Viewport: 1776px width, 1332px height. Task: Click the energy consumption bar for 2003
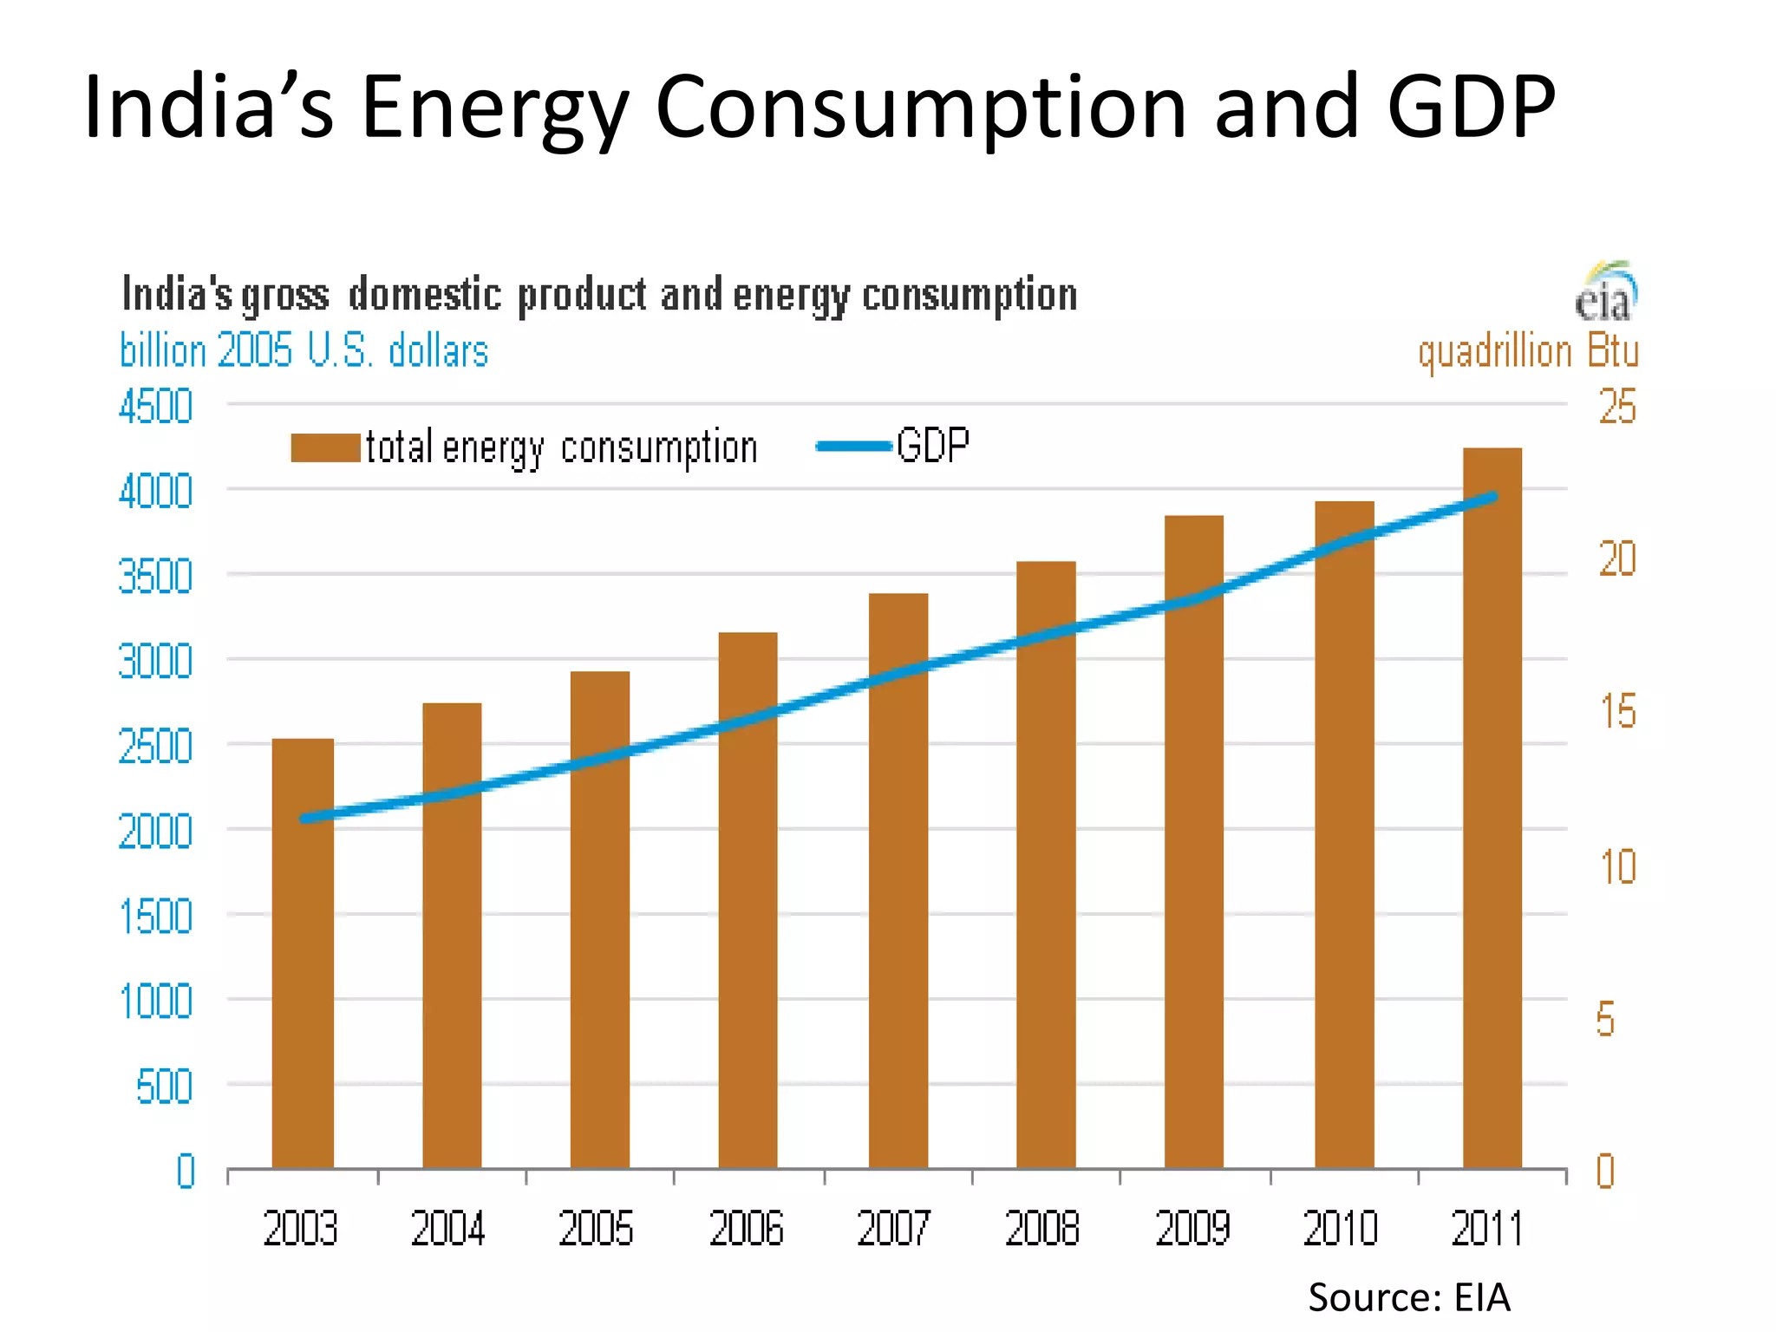coord(303,954)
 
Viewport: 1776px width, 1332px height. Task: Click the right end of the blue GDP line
coord(1493,497)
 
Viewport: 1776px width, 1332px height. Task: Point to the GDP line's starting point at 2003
coord(304,818)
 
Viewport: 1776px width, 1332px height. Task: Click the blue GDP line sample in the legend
coord(854,447)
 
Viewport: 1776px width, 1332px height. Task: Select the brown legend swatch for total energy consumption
coord(325,447)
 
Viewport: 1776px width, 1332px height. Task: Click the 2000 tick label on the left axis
coord(156,832)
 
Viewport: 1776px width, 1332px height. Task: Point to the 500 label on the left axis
coord(165,1087)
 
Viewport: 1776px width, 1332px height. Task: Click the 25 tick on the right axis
coord(1617,407)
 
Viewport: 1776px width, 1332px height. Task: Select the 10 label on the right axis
coord(1617,867)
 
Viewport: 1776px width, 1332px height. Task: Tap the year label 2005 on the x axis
coord(597,1229)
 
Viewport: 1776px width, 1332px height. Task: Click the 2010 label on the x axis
coord(1341,1229)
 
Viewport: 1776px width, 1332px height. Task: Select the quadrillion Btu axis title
coord(1528,351)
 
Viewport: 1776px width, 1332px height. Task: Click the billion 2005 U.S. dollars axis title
coord(304,351)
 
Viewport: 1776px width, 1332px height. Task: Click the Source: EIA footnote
coord(1409,1297)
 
